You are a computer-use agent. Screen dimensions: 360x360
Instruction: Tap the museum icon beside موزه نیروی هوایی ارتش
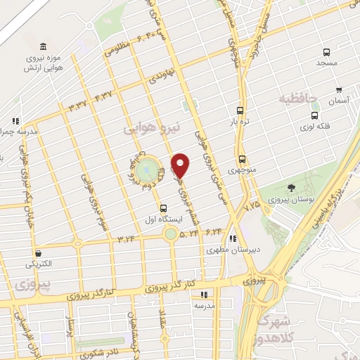click(44, 46)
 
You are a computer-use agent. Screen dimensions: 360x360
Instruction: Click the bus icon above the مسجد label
click(326, 52)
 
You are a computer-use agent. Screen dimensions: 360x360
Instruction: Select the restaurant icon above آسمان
click(339, 90)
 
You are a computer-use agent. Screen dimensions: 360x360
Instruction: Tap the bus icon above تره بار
click(240, 110)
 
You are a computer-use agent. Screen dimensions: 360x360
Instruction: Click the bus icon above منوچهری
click(242, 158)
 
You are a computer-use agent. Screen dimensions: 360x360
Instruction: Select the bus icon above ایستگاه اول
click(164, 208)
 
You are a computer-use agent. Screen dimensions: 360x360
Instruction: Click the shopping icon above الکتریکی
click(37, 253)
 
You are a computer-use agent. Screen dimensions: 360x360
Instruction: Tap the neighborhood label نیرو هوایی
click(152, 129)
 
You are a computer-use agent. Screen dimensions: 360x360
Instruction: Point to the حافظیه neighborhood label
click(299, 98)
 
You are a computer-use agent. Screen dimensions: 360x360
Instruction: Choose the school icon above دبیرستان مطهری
click(233, 238)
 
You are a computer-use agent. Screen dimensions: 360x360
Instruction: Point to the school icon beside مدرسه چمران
click(16, 121)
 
